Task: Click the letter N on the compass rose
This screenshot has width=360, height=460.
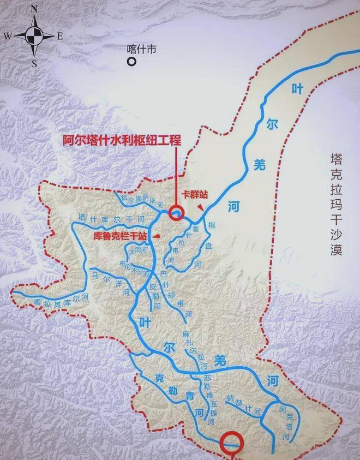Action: click(x=34, y=9)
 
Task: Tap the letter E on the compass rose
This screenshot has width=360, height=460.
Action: click(x=60, y=36)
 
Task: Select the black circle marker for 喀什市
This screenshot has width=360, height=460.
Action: click(x=131, y=62)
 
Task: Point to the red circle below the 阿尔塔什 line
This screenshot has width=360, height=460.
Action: click(x=176, y=213)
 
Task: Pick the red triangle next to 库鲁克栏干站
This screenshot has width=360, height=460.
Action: click(x=157, y=235)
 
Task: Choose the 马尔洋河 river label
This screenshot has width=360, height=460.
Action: click(x=111, y=282)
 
